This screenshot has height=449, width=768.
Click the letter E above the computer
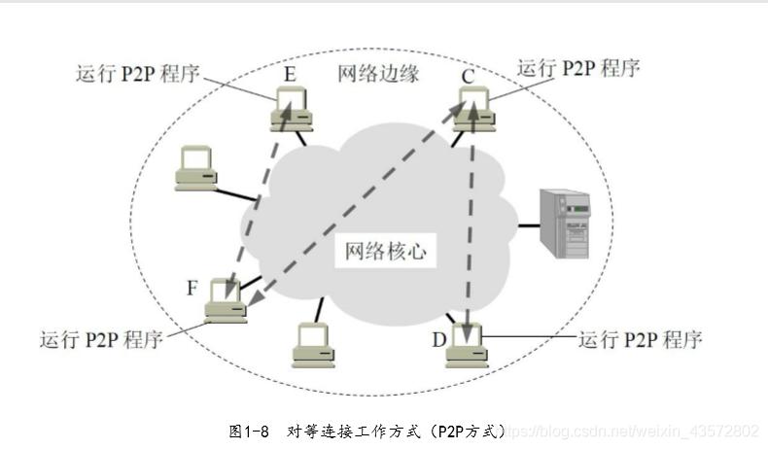point(291,75)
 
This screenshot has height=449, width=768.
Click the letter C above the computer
point(469,75)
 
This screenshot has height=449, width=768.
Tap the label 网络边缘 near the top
point(378,73)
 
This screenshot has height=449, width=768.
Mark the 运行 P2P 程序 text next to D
point(640,339)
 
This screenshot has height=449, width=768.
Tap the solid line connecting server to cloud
point(528,224)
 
